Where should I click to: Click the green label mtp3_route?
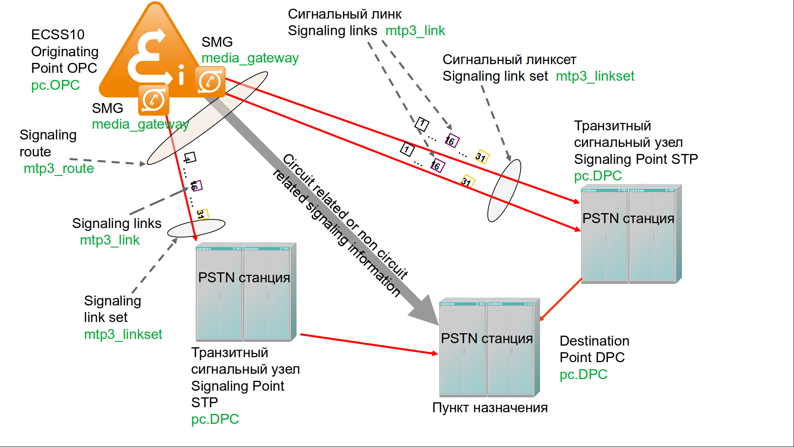click(59, 168)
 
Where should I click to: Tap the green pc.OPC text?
click(55, 85)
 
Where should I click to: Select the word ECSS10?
click(58, 34)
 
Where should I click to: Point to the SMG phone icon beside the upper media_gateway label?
click(210, 82)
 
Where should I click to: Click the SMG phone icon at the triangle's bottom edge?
click(153, 100)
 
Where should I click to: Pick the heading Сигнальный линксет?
click(509, 60)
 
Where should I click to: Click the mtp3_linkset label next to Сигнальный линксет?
click(595, 76)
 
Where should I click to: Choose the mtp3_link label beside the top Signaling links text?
click(415, 31)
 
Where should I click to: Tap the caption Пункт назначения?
click(490, 408)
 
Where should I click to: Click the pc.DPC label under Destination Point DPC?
click(583, 375)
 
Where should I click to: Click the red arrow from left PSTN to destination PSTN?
click(368, 344)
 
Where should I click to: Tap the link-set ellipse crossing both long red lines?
click(504, 190)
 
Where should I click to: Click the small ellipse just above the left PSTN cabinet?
click(196, 228)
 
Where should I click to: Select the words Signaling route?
click(48, 143)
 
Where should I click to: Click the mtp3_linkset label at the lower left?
click(123, 334)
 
